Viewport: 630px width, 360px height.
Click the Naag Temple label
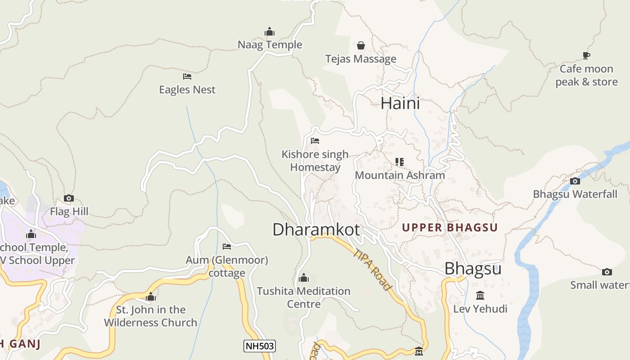pos(270,45)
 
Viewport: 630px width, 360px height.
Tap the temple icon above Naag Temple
pos(270,31)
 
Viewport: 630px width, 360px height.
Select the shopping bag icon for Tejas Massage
pos(360,45)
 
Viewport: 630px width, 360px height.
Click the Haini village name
pos(400,103)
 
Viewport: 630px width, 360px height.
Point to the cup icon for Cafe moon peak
pos(586,56)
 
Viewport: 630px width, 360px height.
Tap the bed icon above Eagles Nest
pos(187,76)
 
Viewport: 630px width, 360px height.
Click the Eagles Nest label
pos(187,90)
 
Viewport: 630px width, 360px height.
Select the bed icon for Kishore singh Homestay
pos(315,141)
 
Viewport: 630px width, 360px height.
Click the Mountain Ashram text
pos(400,175)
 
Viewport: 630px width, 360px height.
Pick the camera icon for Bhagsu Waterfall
pos(575,181)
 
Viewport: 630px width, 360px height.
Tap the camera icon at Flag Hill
pos(69,198)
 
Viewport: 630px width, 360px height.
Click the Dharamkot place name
pos(316,229)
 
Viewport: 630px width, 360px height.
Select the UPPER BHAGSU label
pos(450,228)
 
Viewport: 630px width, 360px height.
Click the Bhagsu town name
pos(472,269)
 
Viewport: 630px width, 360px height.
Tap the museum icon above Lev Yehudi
pos(480,296)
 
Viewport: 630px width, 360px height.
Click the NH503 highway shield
pos(259,346)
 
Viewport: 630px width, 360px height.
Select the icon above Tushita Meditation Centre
pos(304,278)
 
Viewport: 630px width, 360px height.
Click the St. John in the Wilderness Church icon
pos(151,297)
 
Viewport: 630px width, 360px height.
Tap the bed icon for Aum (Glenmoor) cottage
pos(227,247)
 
